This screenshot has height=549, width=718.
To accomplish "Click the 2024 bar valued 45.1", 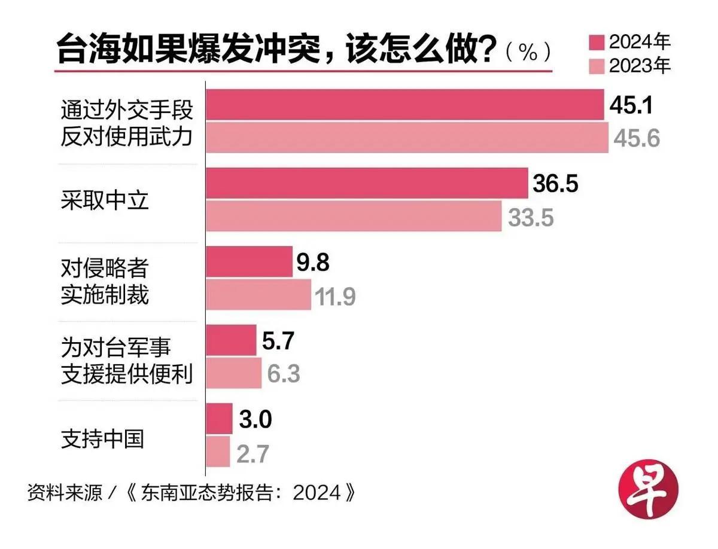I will point(404,105).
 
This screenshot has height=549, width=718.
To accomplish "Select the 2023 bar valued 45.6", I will point(407,138).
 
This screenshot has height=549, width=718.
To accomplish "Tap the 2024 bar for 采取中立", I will point(367,183).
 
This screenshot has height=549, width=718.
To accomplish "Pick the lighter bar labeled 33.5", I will point(354,216).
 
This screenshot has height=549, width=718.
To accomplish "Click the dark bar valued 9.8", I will point(249,261).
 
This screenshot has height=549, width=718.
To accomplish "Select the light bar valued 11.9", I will point(258,294).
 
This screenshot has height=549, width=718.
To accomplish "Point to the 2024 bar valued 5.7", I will point(231,340).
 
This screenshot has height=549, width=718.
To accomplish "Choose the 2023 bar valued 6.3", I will point(233,373).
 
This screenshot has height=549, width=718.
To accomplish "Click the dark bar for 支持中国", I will point(219,419).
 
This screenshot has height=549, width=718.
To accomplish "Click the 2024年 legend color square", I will point(597,42).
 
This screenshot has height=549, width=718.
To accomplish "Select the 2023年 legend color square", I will point(597,65).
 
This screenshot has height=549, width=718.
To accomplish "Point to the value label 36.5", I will point(554,184).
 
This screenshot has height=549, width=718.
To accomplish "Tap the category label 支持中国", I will point(102,438).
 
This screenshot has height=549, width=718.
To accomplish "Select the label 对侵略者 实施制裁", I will point(105,281).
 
